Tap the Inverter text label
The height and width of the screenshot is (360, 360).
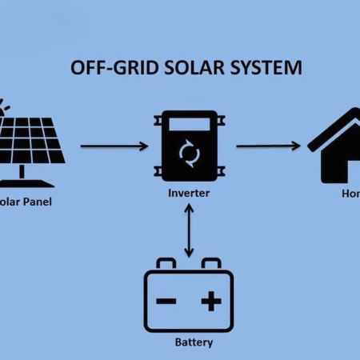pos(188,194)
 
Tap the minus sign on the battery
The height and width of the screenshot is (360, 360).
pos(166,302)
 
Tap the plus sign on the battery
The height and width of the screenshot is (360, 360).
pos(210,302)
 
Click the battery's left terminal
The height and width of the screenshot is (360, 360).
pos(166,263)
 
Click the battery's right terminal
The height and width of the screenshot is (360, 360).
pos(210,263)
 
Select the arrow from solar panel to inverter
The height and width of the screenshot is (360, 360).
pos(114,146)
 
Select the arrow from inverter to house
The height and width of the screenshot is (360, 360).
pos(268,146)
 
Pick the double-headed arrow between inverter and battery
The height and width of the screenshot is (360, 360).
pos(188,230)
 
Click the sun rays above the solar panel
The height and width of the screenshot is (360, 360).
pos(6,108)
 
